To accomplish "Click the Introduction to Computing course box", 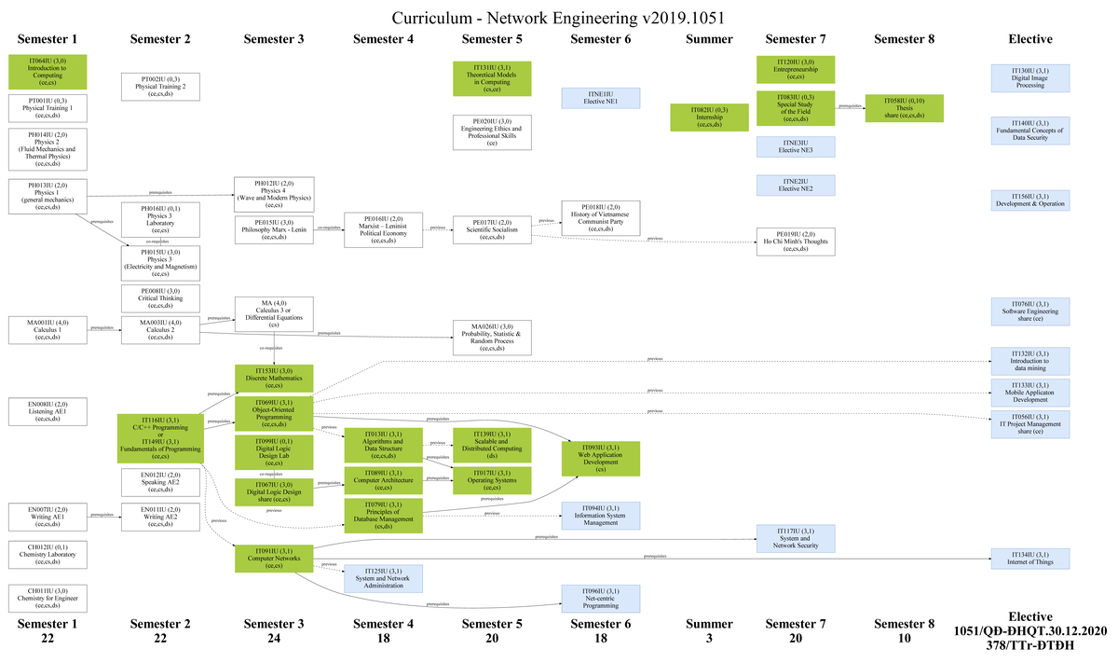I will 47,72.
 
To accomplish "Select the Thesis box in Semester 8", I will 904,108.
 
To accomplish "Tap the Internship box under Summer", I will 710,117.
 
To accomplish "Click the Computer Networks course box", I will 273,558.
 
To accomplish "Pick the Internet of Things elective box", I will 1029,558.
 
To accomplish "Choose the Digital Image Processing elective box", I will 1029,77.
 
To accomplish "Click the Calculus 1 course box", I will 47,330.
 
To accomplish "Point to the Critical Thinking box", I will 160,297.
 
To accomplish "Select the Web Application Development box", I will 600,457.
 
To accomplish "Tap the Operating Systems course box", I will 491,479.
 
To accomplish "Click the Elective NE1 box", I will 600,98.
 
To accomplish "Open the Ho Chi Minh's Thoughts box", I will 795,241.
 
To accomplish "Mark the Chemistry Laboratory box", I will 47,554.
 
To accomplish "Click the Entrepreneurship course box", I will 795,69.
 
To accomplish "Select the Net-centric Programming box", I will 600,598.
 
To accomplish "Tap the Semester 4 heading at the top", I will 383,39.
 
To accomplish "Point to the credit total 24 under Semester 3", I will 273,639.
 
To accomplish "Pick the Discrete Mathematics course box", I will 273,377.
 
